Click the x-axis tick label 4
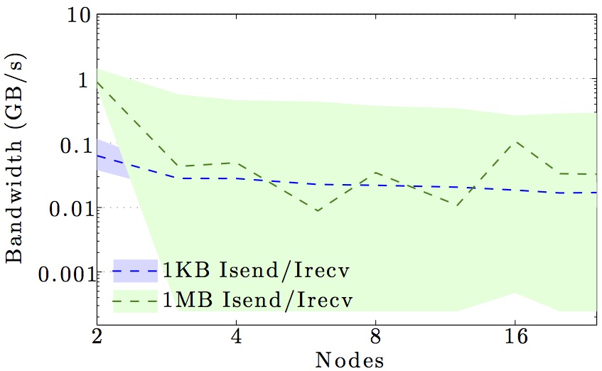coord(236,335)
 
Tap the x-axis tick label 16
coord(515,335)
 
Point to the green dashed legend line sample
coord(134,301)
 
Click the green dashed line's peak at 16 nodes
coord(515,141)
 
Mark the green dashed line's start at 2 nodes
coord(97,82)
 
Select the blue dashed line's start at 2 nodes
coord(97,154)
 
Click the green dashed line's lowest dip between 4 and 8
coord(318,210)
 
